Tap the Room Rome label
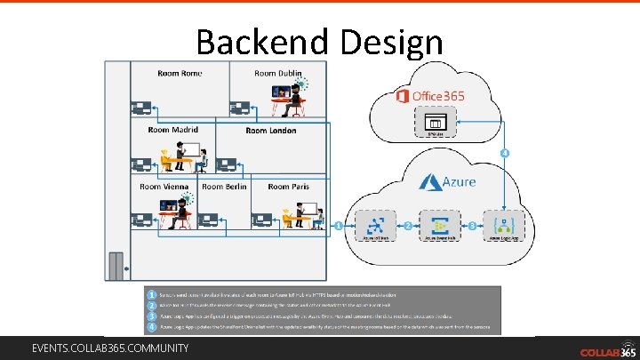point(179,73)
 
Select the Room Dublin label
point(278,73)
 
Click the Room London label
point(269,130)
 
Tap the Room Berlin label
point(224,187)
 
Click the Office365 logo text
point(429,95)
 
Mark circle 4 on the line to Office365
point(505,153)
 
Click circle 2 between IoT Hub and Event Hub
point(407,226)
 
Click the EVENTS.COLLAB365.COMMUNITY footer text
point(110,348)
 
